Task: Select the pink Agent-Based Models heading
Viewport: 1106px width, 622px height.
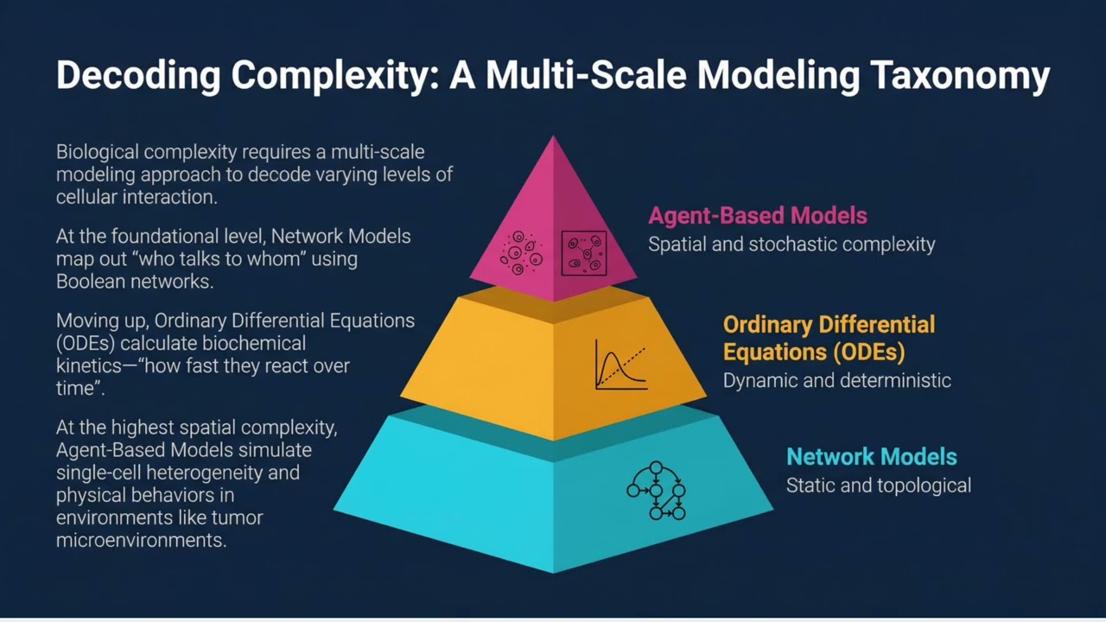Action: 757,215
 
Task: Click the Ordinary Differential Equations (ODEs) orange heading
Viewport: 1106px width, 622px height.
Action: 828,338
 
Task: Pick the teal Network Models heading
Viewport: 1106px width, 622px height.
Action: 871,456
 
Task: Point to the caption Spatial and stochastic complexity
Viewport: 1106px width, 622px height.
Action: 791,244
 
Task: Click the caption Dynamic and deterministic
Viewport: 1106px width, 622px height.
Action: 836,380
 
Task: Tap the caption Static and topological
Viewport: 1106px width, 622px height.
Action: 878,486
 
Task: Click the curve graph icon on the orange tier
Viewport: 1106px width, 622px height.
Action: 620,365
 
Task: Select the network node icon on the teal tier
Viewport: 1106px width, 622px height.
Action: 657,491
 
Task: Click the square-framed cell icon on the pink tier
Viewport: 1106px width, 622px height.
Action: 583,253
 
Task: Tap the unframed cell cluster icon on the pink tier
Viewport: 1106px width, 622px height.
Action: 521,252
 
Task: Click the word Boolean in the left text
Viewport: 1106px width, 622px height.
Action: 88,282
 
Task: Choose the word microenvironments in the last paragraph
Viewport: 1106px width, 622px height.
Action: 141,541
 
